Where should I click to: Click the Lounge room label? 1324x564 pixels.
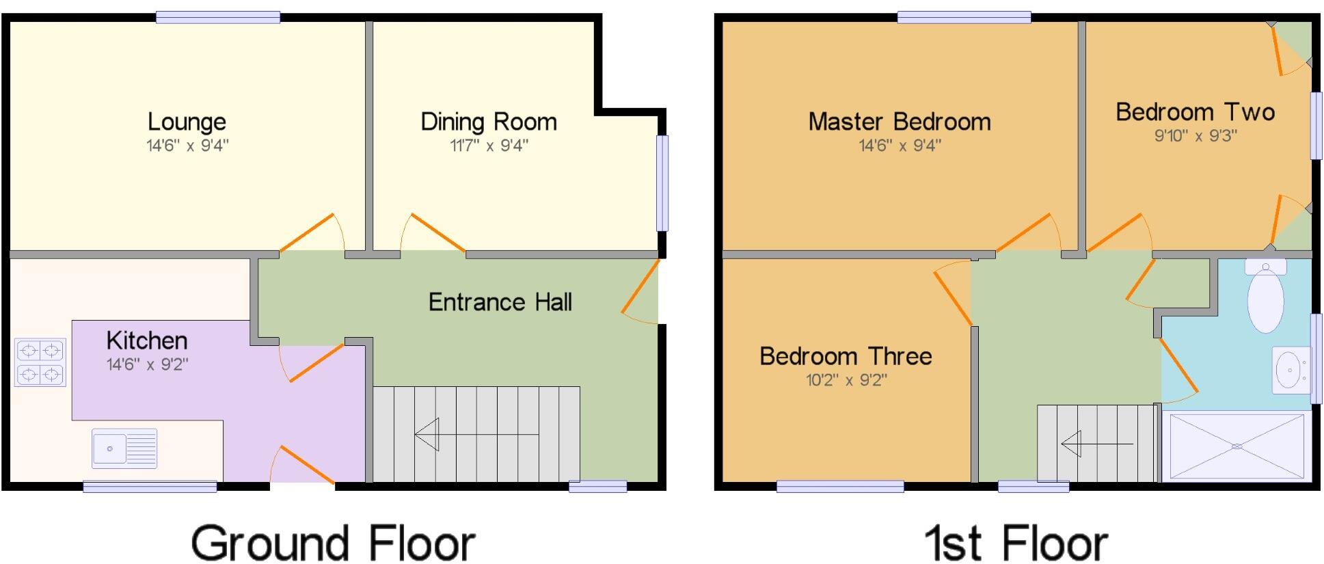[x=187, y=122]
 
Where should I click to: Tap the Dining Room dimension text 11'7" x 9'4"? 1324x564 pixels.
[x=489, y=145]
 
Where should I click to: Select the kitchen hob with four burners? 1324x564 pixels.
[x=40, y=362]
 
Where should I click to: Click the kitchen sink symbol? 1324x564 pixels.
[x=124, y=448]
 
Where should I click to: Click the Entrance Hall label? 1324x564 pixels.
[x=500, y=302]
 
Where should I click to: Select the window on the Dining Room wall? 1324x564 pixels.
[x=662, y=183]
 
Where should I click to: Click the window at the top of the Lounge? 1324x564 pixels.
[x=217, y=17]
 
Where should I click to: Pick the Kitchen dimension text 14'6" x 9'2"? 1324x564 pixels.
[x=147, y=364]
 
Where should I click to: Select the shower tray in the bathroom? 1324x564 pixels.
[x=1237, y=446]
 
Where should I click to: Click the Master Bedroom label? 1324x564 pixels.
[x=900, y=122]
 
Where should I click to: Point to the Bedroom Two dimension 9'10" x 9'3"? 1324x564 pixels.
[x=1195, y=135]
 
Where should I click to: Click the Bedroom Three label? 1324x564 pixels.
[x=846, y=356]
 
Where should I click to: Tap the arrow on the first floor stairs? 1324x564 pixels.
[x=1096, y=444]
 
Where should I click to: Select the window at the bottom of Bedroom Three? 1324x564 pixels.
[x=840, y=487]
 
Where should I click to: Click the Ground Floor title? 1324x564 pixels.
[x=333, y=543]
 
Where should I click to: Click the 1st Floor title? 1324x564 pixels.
[x=1016, y=543]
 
